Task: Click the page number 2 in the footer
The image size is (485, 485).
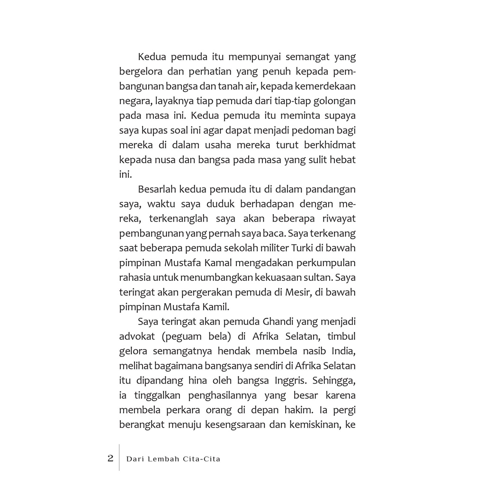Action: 110,458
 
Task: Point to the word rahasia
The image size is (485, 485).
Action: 135,278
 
